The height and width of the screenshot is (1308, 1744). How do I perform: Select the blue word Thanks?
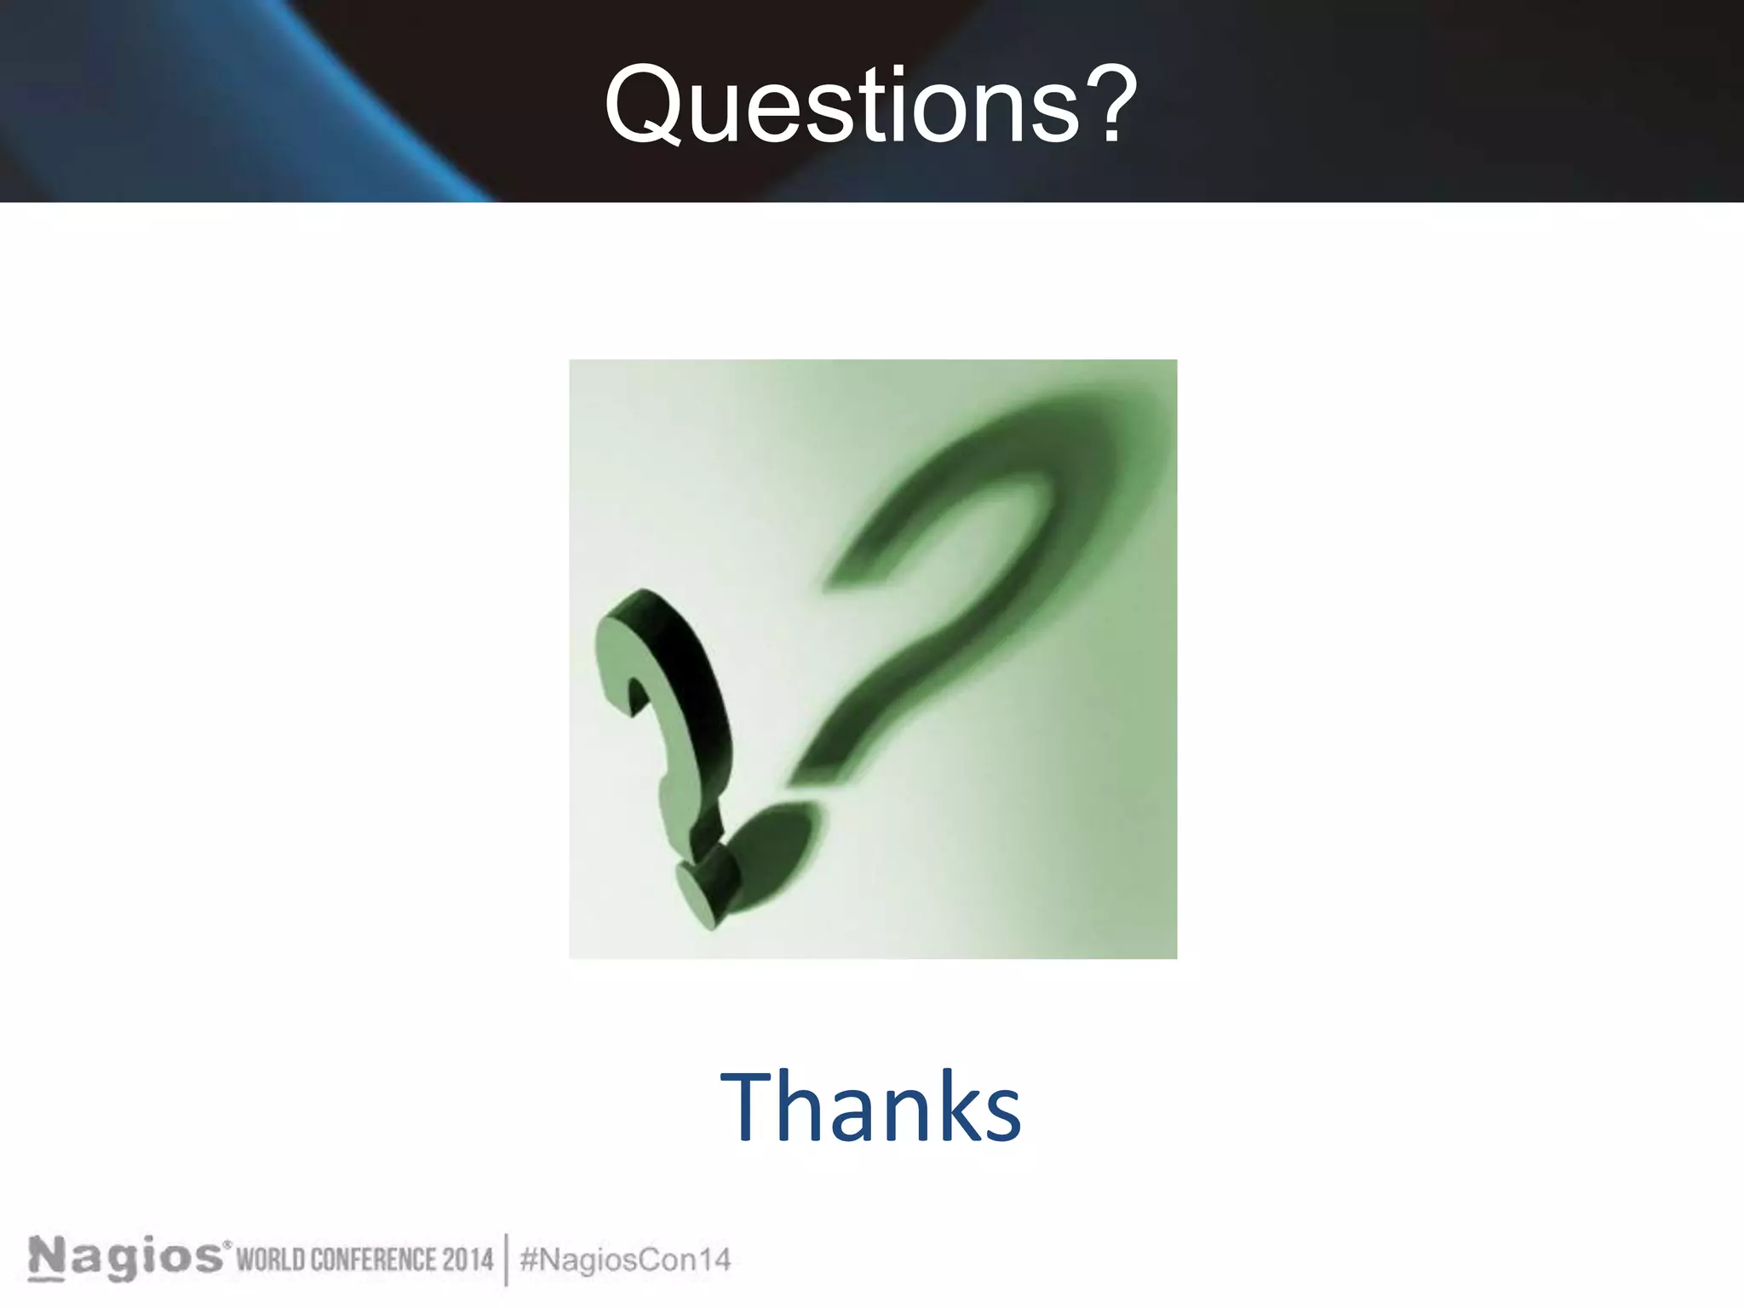[x=870, y=1107]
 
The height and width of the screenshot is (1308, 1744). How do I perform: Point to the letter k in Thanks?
[x=955, y=1107]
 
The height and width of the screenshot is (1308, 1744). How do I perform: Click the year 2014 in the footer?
[x=467, y=1259]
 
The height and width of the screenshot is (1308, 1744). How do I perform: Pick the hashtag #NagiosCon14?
[x=625, y=1259]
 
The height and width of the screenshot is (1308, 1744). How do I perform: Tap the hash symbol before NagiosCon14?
[x=528, y=1259]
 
